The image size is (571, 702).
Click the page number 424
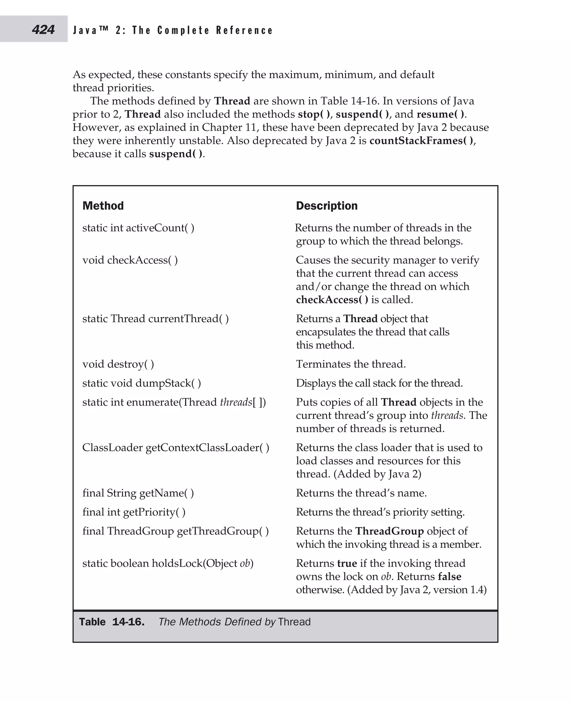pyautogui.click(x=43, y=30)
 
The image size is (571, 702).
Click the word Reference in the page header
pyautogui.click(x=245, y=30)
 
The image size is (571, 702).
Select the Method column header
pyautogui.click(x=103, y=206)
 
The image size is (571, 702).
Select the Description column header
pyautogui.click(x=326, y=206)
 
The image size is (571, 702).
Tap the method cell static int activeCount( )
pyautogui.click(x=138, y=228)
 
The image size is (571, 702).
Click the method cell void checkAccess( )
pyautogui.click(x=130, y=260)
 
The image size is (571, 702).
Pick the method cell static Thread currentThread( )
pyautogui.click(x=155, y=318)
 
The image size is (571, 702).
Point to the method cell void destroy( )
pyautogui.click(x=118, y=364)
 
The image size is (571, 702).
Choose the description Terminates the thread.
pyautogui.click(x=351, y=364)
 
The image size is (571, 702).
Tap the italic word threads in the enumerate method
pyautogui.click(x=236, y=402)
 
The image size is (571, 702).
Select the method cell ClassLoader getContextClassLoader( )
pyautogui.click(x=176, y=447)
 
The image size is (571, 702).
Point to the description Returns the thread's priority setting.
pyautogui.click(x=380, y=512)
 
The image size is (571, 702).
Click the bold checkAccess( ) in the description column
pyautogui.click(x=332, y=299)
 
